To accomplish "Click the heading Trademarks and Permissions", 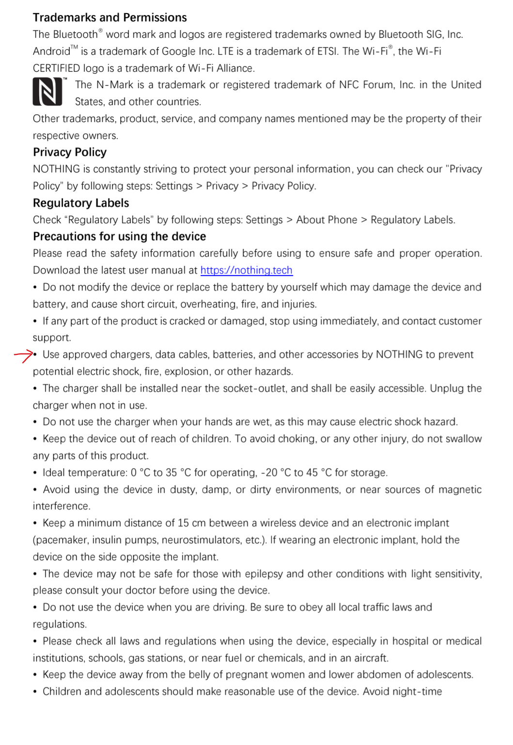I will click(110, 18).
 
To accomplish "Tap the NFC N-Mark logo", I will click(47, 91).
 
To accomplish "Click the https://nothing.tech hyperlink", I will click(247, 270).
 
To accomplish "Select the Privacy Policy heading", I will click(70, 152).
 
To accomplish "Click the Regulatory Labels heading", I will click(81, 203).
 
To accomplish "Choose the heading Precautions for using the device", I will click(119, 237).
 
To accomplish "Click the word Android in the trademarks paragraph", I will click(51, 52).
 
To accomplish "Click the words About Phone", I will click(326, 220).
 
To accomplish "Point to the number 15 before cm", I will click(183, 523).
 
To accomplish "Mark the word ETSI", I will click(325, 52).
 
